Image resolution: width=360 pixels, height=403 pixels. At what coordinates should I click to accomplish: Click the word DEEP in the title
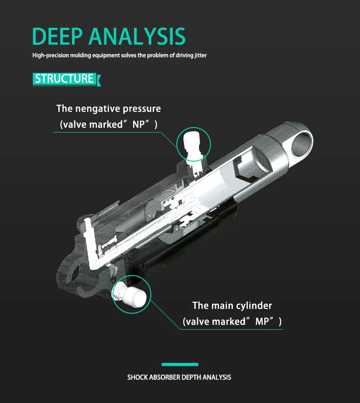click(x=58, y=36)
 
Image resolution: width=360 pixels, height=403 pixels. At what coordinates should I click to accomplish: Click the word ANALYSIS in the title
click(x=137, y=36)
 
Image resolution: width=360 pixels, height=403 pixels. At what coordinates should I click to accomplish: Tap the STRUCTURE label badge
click(x=64, y=79)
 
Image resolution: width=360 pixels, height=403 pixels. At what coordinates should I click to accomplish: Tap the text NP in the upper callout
click(x=138, y=124)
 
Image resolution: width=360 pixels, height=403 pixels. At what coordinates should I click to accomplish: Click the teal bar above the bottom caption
click(x=180, y=364)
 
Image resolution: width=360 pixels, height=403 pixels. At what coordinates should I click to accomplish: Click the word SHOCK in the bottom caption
click(x=138, y=377)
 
